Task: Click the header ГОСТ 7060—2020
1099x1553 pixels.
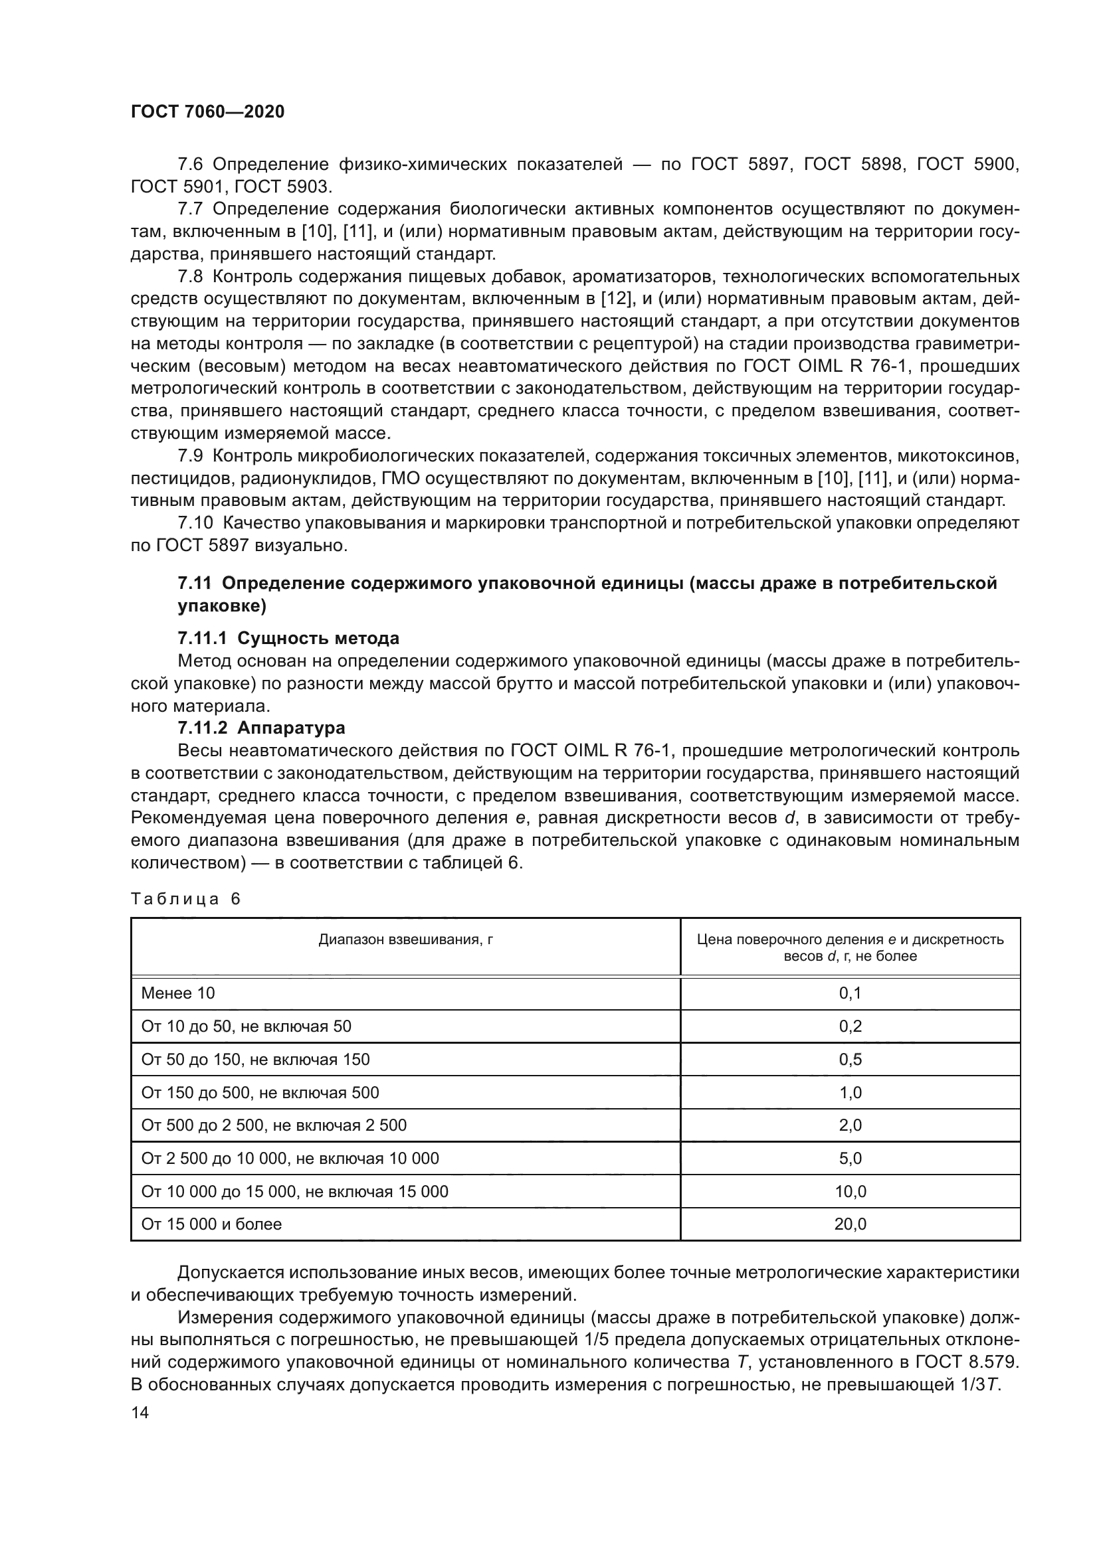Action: click(207, 112)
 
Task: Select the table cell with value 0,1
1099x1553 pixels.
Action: click(850, 993)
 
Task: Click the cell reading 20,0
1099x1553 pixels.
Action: click(850, 1224)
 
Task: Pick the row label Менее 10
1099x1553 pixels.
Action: click(178, 993)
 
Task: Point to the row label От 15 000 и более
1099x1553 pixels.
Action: click(211, 1224)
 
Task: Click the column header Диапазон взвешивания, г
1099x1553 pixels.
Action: click(405, 939)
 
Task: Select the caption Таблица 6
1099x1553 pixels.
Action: click(185, 899)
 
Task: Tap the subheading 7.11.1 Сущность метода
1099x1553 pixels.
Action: click(288, 638)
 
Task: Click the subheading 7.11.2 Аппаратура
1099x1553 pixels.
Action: click(261, 728)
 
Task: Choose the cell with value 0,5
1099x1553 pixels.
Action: click(850, 1059)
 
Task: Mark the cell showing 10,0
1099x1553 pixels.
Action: click(850, 1191)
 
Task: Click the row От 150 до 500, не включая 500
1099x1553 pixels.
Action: click(260, 1092)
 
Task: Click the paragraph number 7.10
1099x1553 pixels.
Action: click(195, 523)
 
